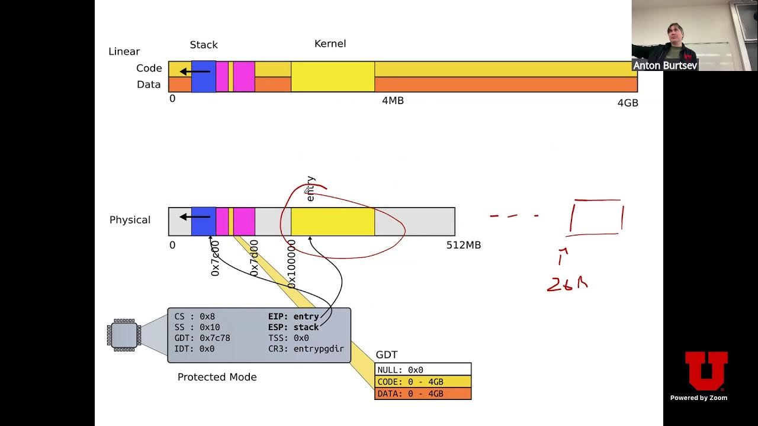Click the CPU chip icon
click(x=124, y=335)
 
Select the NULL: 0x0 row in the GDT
click(x=423, y=370)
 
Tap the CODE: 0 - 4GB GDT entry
click(x=423, y=382)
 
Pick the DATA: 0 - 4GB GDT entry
click(x=423, y=393)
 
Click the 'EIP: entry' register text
click(x=293, y=317)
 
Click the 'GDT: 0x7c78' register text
click(x=202, y=338)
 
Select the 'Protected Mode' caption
click(x=217, y=377)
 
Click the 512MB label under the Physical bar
click(x=463, y=245)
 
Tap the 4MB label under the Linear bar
click(x=393, y=101)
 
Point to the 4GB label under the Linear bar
click(x=628, y=102)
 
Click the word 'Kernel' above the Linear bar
click(x=330, y=44)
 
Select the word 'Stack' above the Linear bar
click(x=204, y=45)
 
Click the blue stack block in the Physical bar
click(x=203, y=222)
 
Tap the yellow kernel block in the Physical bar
click(x=332, y=222)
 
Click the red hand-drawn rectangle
click(x=596, y=217)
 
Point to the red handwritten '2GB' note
click(x=567, y=285)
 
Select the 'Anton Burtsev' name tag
click(x=664, y=65)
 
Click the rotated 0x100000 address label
click(x=291, y=264)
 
